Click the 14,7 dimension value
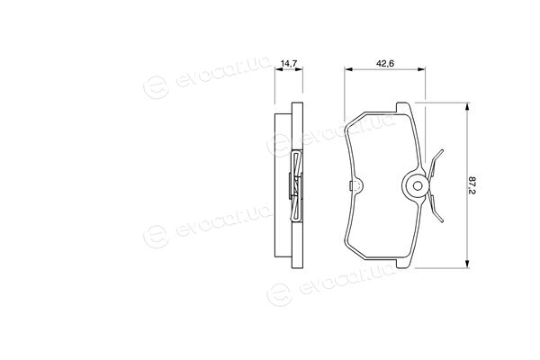289,63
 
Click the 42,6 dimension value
385,63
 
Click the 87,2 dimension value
472,185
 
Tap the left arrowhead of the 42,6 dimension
348,69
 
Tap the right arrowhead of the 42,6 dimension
421,69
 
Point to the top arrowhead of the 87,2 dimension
467,107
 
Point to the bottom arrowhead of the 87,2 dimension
467,264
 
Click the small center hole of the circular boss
418,186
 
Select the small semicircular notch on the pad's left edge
356,185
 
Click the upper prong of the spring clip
436,163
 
